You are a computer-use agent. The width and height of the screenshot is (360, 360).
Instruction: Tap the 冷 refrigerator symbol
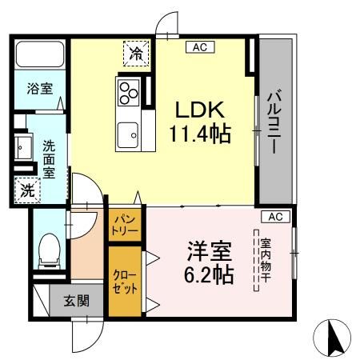click(136, 54)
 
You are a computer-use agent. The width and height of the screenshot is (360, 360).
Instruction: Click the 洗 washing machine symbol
click(27, 190)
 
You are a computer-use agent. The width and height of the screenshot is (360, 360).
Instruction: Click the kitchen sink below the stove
click(128, 133)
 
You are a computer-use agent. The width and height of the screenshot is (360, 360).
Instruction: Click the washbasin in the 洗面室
click(22, 148)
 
